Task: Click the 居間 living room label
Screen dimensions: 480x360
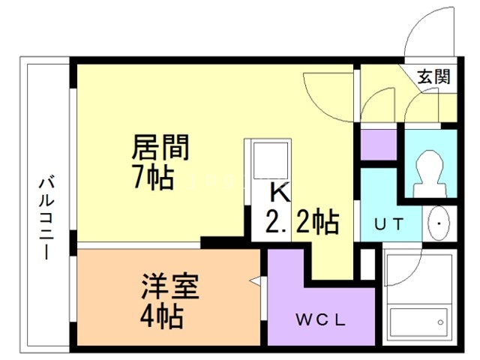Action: (160, 148)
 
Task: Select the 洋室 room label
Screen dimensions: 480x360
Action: (170, 286)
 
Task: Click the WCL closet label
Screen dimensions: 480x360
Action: (320, 320)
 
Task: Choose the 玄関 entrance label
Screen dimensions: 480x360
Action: (434, 76)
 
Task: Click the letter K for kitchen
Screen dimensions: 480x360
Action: (280, 192)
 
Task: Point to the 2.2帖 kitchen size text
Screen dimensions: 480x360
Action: (302, 221)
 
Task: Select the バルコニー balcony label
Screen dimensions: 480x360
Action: (46, 217)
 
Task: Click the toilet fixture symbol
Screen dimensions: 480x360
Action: (430, 173)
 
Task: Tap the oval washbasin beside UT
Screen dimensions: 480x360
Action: (439, 223)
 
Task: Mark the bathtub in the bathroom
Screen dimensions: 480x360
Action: (419, 323)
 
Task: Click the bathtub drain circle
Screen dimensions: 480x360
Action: (440, 322)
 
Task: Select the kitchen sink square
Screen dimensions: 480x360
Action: (270, 160)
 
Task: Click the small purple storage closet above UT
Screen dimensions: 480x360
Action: (379, 145)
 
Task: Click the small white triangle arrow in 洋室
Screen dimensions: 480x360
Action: (255, 280)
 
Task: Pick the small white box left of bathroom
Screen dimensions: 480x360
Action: (367, 264)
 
